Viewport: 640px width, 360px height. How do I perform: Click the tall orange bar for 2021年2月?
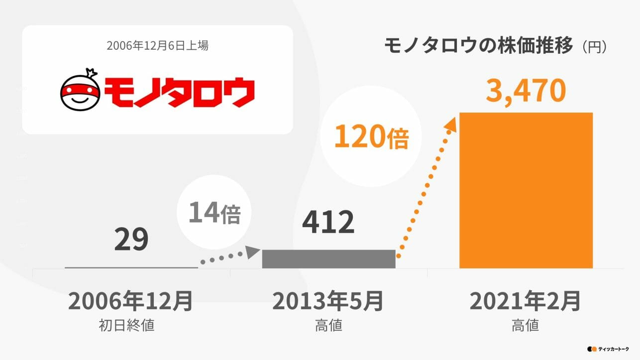526,190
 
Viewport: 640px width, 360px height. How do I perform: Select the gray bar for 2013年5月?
328,259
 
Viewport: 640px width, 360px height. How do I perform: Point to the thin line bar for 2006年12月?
131,267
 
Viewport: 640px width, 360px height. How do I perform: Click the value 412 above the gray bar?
328,223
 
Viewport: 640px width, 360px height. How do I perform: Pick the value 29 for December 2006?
131,240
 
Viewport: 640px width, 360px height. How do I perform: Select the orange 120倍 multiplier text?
371,137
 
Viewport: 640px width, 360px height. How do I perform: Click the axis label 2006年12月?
130,301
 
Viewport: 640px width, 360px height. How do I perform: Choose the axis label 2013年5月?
328,301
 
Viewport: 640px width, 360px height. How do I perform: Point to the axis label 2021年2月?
526,301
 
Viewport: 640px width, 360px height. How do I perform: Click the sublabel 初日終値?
126,326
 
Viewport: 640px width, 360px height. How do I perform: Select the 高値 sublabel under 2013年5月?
328,326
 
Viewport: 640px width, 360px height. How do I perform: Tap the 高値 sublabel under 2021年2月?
526,326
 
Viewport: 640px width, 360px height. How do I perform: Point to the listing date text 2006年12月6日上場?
157,46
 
